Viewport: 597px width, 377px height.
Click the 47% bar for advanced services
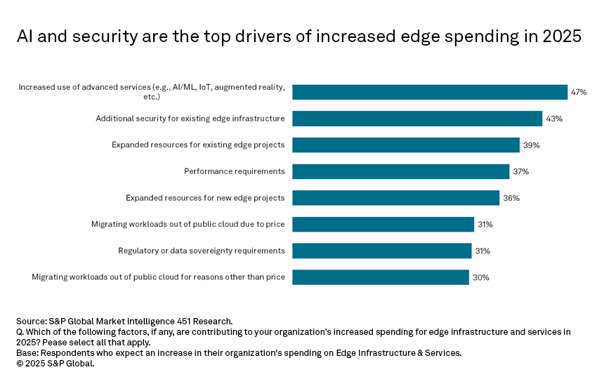(x=429, y=92)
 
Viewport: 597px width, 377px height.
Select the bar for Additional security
(x=417, y=119)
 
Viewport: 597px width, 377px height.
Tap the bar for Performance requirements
(x=400, y=171)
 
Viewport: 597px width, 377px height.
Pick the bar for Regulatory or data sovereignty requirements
(x=381, y=251)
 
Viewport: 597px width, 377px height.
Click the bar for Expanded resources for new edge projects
(x=395, y=198)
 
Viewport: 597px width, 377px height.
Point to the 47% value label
(x=579, y=93)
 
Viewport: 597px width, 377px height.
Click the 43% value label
(x=553, y=119)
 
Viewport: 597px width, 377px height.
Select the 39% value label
(x=530, y=145)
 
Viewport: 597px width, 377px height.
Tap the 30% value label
(x=480, y=277)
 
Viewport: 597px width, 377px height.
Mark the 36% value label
(x=511, y=198)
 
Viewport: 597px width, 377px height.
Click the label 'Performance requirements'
(x=235, y=171)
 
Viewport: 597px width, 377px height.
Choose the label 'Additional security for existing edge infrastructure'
(x=190, y=119)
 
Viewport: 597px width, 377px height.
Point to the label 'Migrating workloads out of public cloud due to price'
(x=188, y=225)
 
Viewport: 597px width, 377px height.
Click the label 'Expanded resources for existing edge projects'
(x=198, y=145)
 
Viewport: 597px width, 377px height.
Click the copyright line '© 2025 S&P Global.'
(x=55, y=364)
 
